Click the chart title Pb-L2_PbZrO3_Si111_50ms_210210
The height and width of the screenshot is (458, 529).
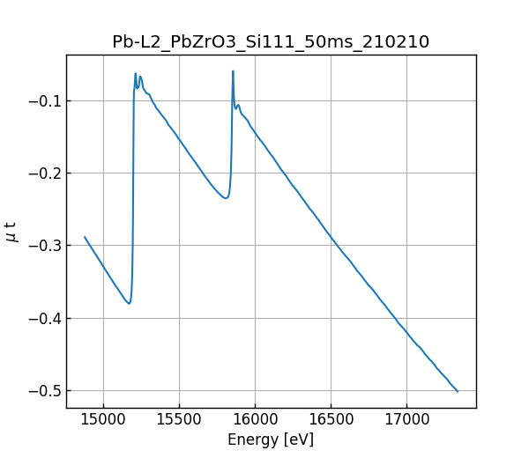[271, 41]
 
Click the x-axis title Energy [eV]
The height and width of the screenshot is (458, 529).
[271, 439]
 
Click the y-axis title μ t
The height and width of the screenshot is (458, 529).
[11, 232]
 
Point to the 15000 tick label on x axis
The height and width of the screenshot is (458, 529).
[103, 421]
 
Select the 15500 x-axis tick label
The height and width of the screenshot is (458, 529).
[179, 421]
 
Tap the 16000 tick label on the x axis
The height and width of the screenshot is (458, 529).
[255, 421]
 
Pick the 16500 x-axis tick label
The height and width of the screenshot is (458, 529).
[331, 421]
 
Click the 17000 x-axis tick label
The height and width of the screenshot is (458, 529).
[406, 421]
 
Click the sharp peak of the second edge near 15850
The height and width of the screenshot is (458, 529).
[233, 71]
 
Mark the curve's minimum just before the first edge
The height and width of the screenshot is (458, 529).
[129, 304]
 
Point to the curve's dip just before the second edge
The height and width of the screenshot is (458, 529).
[226, 198]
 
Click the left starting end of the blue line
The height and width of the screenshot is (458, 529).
[85, 237]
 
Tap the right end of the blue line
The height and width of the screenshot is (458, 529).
[458, 391]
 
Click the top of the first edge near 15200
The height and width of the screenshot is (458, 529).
[136, 73]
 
